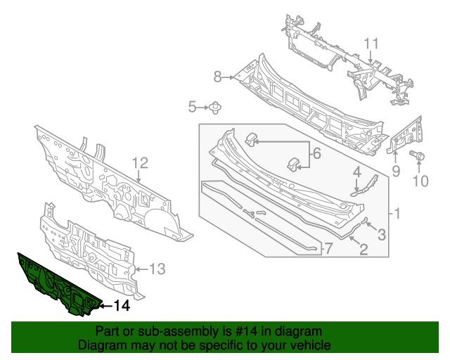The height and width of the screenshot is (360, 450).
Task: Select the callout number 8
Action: pos(218,76)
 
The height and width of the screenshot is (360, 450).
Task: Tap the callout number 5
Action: pos(192,107)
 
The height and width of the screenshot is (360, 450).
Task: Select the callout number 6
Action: pos(316,153)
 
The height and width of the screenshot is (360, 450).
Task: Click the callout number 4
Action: pos(357,171)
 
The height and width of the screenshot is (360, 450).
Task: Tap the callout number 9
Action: pos(396,171)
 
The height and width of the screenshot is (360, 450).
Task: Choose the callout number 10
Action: pos(420,182)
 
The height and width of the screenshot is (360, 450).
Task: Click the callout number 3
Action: pos(382,235)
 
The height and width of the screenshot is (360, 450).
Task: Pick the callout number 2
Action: pos(364,248)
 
